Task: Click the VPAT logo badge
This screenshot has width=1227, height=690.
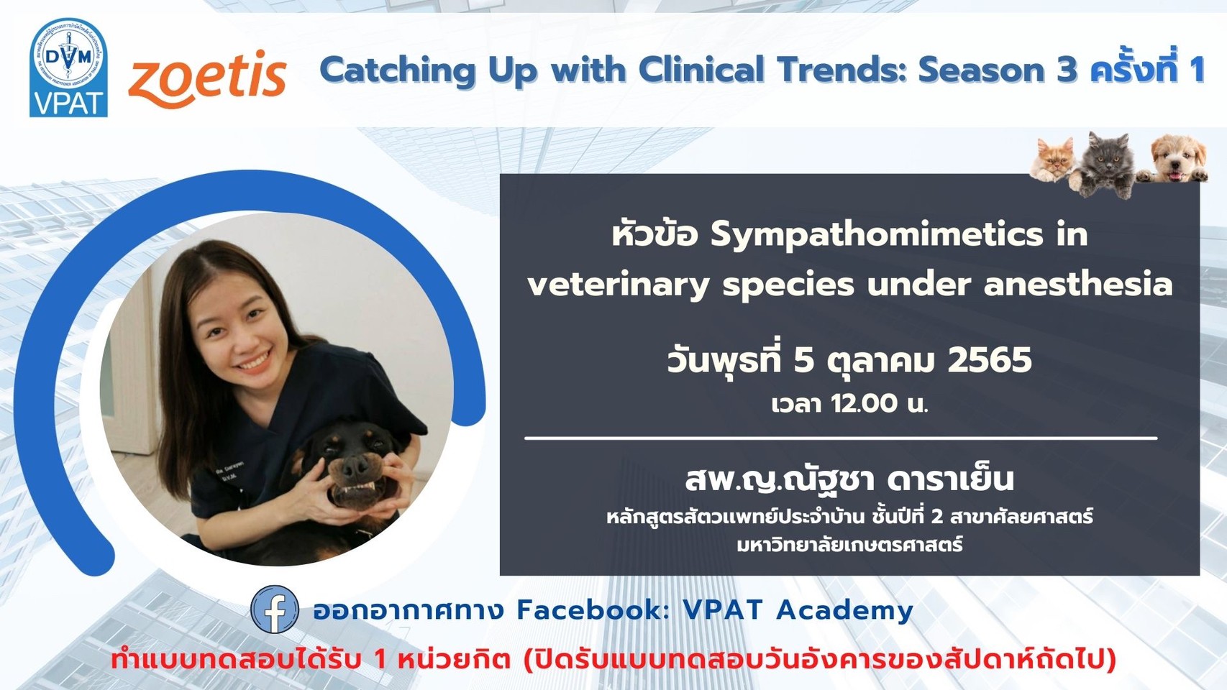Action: pyautogui.click(x=68, y=68)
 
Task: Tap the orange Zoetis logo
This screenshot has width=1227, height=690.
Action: pyautogui.click(x=208, y=79)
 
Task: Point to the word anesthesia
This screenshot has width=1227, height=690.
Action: pyautogui.click(x=1078, y=284)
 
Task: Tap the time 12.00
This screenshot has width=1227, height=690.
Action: pyautogui.click(x=865, y=404)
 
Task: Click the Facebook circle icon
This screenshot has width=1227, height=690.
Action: pyautogui.click(x=275, y=609)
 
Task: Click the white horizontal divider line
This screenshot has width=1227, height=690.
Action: pyautogui.click(x=841, y=438)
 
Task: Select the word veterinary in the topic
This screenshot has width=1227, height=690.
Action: pyautogui.click(x=619, y=285)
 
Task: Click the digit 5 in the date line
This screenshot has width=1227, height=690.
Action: pyautogui.click(x=804, y=361)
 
